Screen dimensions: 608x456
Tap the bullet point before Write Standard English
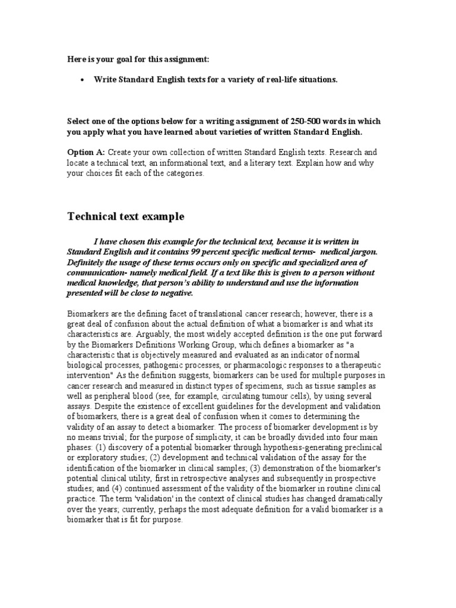[x=81, y=80]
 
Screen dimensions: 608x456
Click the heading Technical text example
[x=125, y=217]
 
